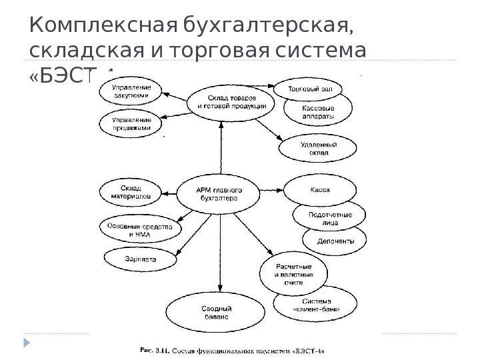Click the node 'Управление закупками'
[x=131, y=91]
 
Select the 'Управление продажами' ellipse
[x=131, y=121]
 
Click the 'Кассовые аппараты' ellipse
[x=319, y=111]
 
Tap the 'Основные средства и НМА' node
[x=139, y=229]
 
